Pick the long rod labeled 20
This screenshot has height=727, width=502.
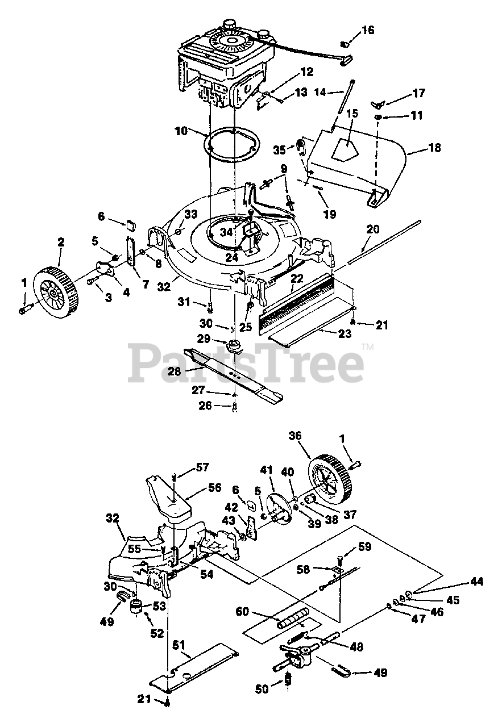point(387,239)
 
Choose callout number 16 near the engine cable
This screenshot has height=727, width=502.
point(368,30)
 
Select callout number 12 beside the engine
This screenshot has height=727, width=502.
point(306,72)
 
